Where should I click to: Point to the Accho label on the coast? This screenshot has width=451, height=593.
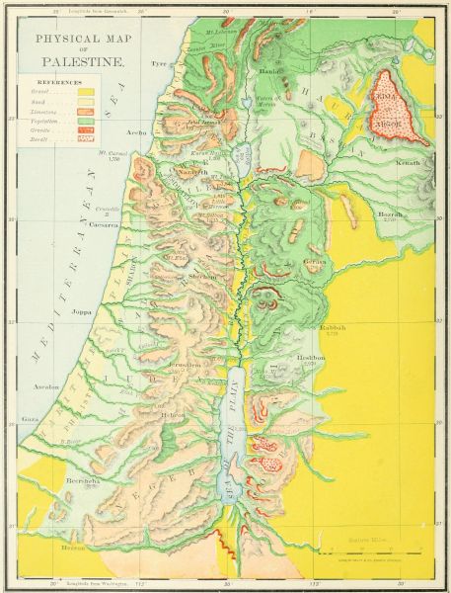(x=137, y=129)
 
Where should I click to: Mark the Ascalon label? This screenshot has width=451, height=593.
(x=45, y=386)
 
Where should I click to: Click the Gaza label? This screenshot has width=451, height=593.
(x=31, y=419)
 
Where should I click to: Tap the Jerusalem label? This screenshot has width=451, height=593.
(x=183, y=365)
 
